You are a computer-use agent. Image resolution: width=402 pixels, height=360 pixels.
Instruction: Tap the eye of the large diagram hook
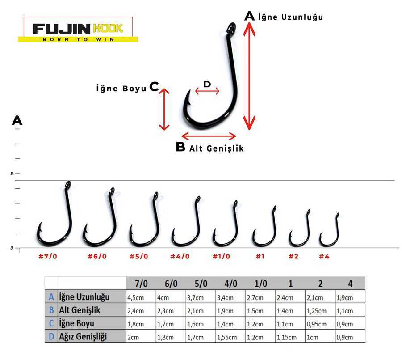(231, 28)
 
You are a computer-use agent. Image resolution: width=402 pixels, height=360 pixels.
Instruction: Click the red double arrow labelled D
(207, 91)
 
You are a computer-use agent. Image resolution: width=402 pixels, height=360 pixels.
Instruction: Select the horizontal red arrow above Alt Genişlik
(209, 136)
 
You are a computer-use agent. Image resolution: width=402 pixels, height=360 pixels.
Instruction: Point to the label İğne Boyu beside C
(121, 89)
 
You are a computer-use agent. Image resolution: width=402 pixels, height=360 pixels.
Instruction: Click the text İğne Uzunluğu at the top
(290, 17)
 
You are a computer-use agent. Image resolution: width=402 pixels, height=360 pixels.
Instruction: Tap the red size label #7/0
(48, 256)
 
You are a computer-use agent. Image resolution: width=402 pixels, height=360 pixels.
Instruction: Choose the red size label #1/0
(221, 256)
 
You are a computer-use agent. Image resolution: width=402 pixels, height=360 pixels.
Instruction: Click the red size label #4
(324, 256)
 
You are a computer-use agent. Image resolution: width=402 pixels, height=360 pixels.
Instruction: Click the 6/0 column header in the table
(171, 284)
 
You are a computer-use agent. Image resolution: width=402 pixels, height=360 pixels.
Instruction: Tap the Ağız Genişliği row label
(83, 336)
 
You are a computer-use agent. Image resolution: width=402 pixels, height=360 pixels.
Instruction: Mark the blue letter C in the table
(51, 323)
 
